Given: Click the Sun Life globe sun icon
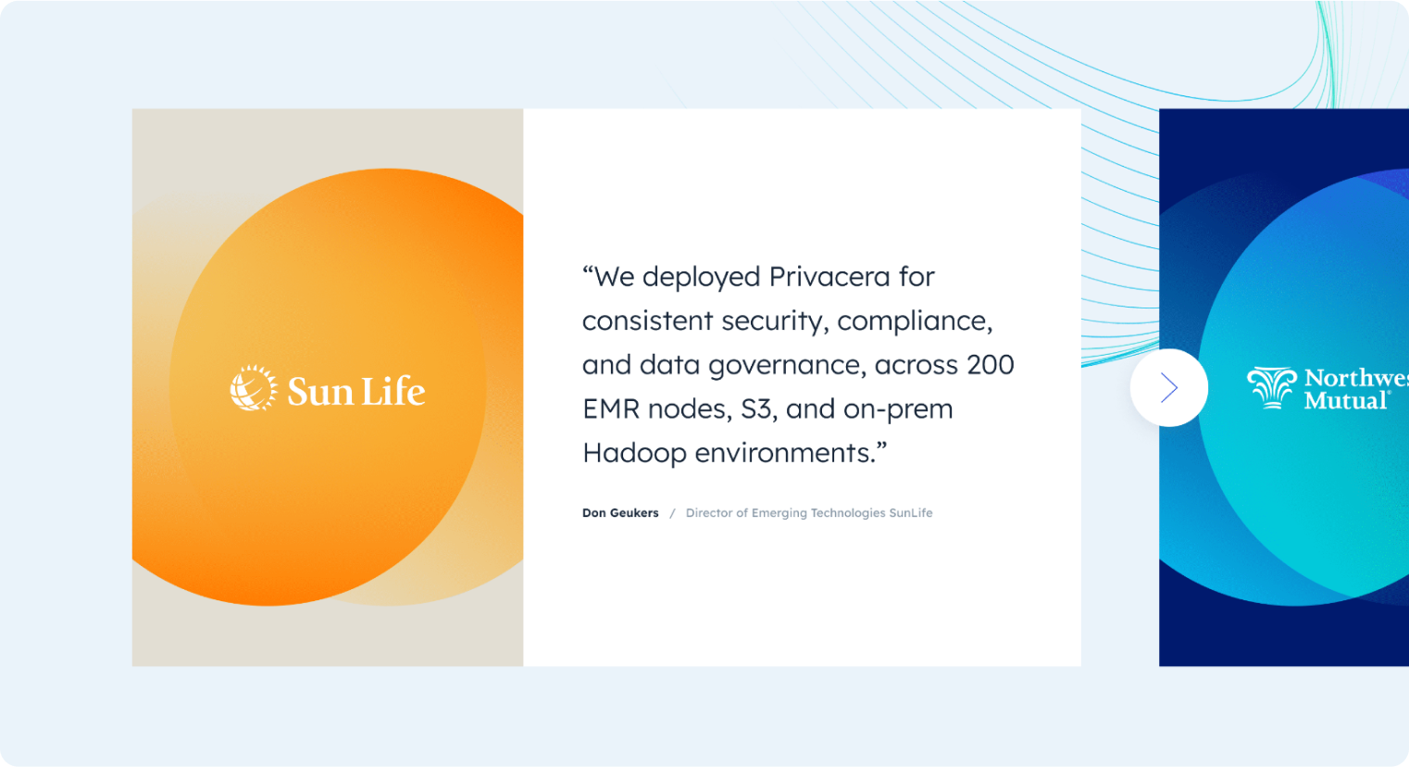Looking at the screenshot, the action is (253, 387).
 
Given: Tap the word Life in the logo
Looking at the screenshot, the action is (391, 391).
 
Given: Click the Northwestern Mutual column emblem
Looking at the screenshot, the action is (1271, 387).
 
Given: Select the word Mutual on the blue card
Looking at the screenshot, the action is (1345, 400).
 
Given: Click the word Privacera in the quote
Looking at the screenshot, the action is (829, 277).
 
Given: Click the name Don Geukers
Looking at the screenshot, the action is (620, 513).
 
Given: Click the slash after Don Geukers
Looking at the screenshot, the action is (672, 513).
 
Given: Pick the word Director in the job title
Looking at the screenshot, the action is (708, 513).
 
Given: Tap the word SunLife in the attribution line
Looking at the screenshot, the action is (910, 513).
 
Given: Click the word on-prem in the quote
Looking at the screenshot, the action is (898, 410).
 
